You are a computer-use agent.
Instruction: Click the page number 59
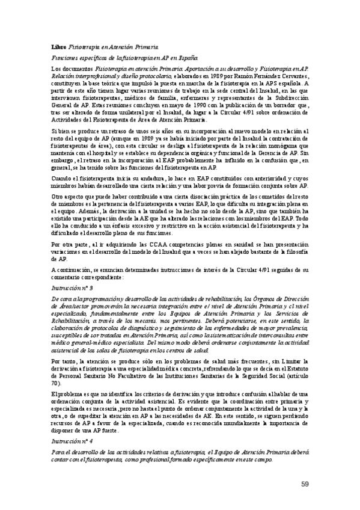click(305, 484)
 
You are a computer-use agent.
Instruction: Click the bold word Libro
click(58, 46)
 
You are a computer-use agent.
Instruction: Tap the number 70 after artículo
click(56, 383)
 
